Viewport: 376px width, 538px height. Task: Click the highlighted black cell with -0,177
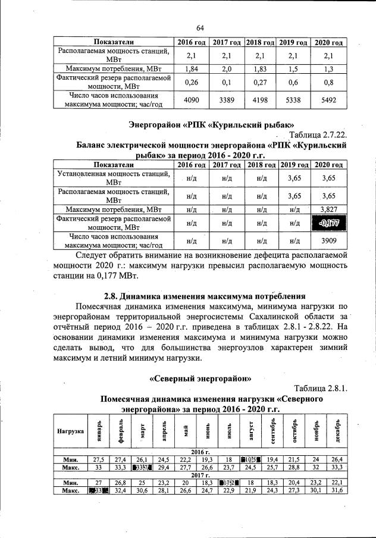pyautogui.click(x=328, y=223)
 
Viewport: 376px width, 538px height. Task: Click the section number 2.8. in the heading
pyautogui.click(x=111, y=296)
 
